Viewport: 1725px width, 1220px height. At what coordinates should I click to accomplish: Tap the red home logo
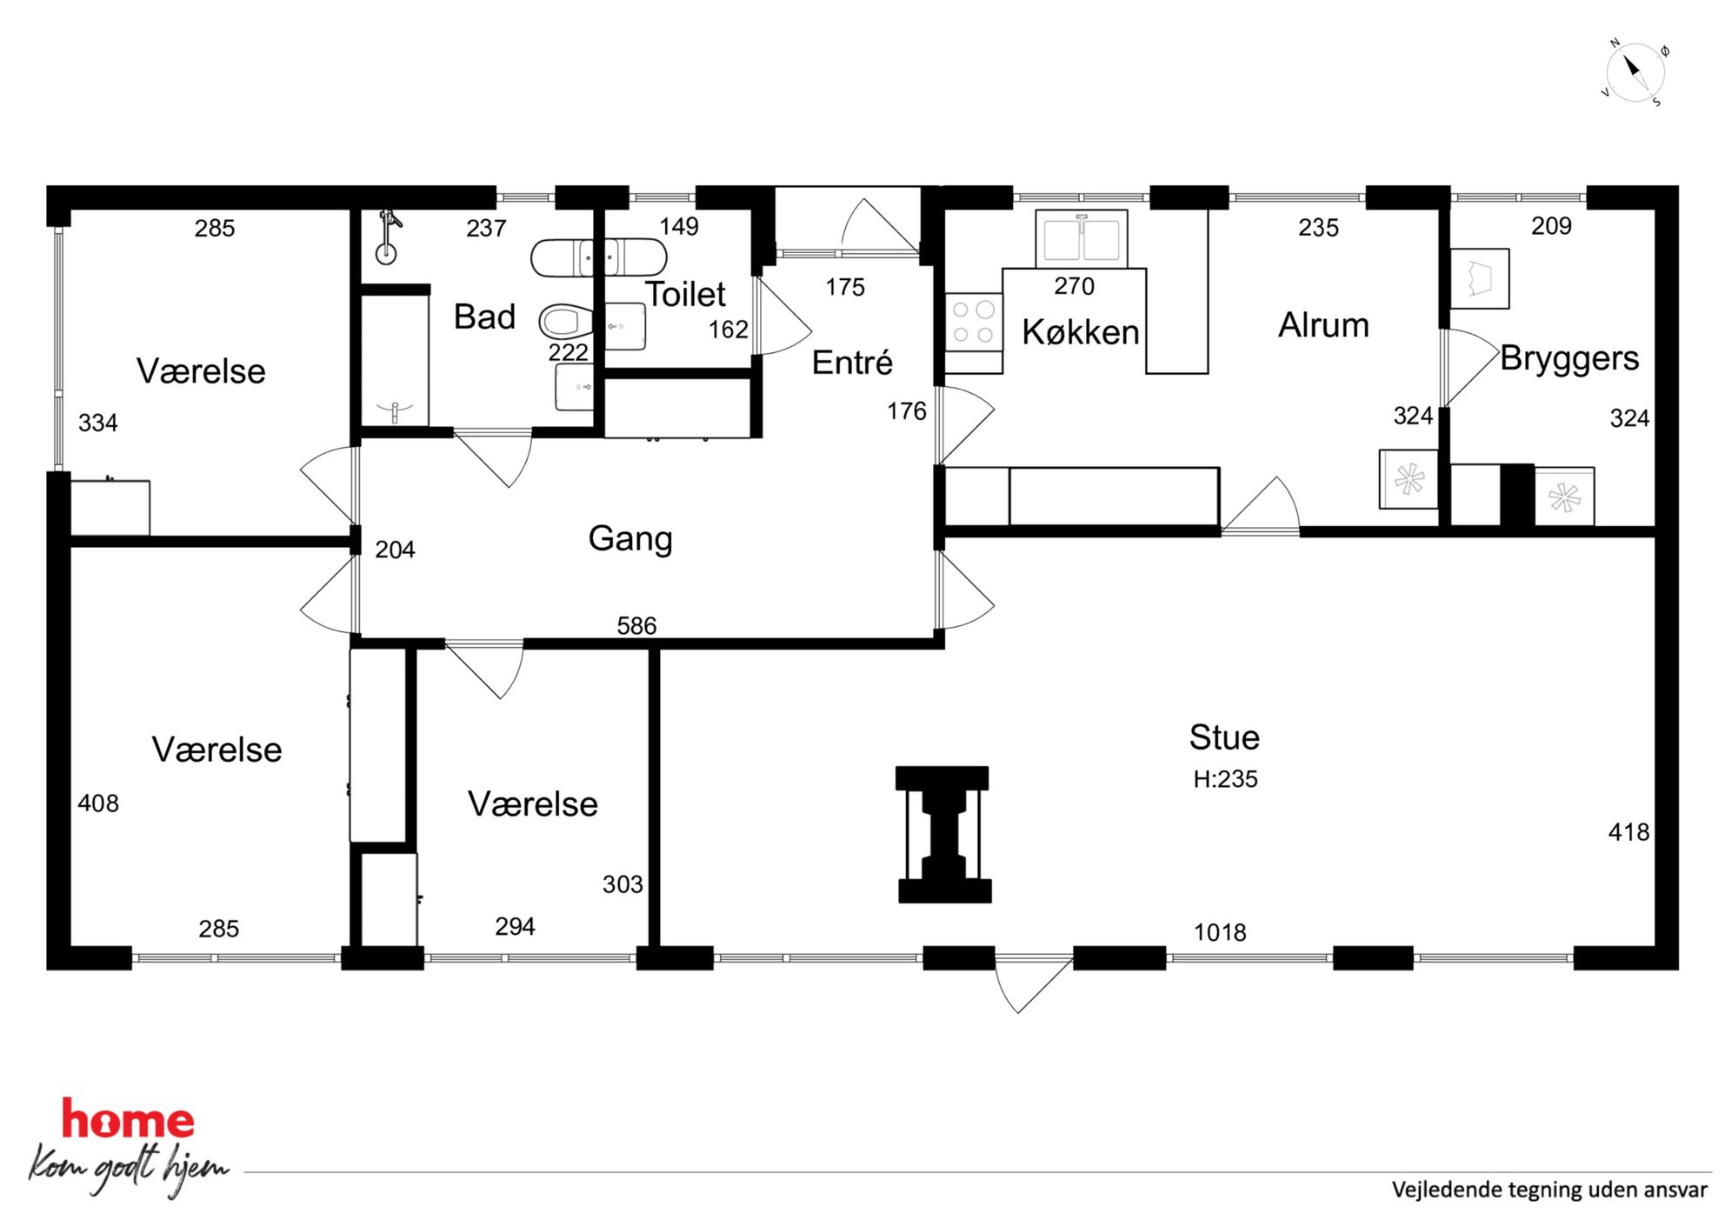[128, 1120]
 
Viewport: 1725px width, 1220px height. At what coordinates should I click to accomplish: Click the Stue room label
[1224, 737]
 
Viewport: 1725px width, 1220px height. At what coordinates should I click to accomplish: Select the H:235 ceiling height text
[1225, 779]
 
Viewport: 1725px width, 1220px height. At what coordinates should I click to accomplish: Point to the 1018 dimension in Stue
[1220, 932]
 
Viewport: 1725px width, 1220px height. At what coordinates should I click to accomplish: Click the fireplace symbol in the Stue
[943, 835]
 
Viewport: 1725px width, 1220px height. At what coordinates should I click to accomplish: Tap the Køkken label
[1081, 332]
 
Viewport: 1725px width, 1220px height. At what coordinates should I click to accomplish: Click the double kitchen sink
[1082, 238]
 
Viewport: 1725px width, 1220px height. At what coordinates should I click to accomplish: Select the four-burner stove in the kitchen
[974, 322]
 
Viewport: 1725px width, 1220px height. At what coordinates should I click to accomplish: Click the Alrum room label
[1323, 325]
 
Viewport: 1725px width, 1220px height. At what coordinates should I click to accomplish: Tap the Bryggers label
[1569, 358]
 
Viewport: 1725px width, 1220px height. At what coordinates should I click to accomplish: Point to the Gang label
[630, 538]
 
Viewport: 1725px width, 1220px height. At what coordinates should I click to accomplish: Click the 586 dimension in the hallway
[636, 625]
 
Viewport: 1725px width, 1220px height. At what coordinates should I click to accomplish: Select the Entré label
[852, 363]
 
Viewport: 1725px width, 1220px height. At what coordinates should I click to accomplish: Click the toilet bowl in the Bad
[564, 322]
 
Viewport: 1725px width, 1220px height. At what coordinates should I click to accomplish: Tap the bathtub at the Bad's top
[599, 258]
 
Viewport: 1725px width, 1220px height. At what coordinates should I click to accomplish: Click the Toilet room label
[685, 295]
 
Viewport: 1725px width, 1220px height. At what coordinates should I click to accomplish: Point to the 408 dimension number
[98, 803]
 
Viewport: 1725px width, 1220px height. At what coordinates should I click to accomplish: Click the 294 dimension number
[515, 926]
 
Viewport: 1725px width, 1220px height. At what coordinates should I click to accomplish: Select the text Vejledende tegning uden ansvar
[1549, 1190]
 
